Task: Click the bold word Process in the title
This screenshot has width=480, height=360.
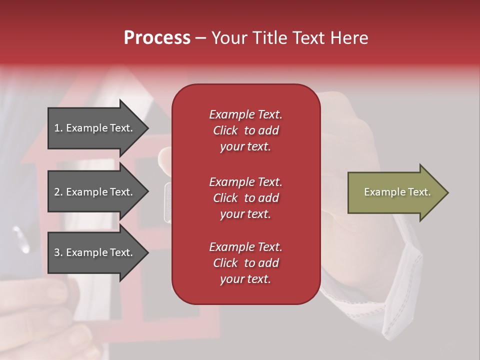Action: pyautogui.click(x=157, y=38)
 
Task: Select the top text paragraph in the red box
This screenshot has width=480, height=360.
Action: pyautogui.click(x=245, y=130)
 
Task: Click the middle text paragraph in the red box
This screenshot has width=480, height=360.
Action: pyautogui.click(x=245, y=198)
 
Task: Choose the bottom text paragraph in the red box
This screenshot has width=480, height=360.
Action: pyautogui.click(x=245, y=263)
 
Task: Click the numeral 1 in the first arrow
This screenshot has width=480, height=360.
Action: pyautogui.click(x=56, y=128)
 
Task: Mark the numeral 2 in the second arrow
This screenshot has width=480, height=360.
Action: pyautogui.click(x=57, y=192)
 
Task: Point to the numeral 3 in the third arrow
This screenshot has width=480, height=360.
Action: pyautogui.click(x=57, y=252)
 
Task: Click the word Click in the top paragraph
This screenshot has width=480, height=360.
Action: pyautogui.click(x=225, y=130)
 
